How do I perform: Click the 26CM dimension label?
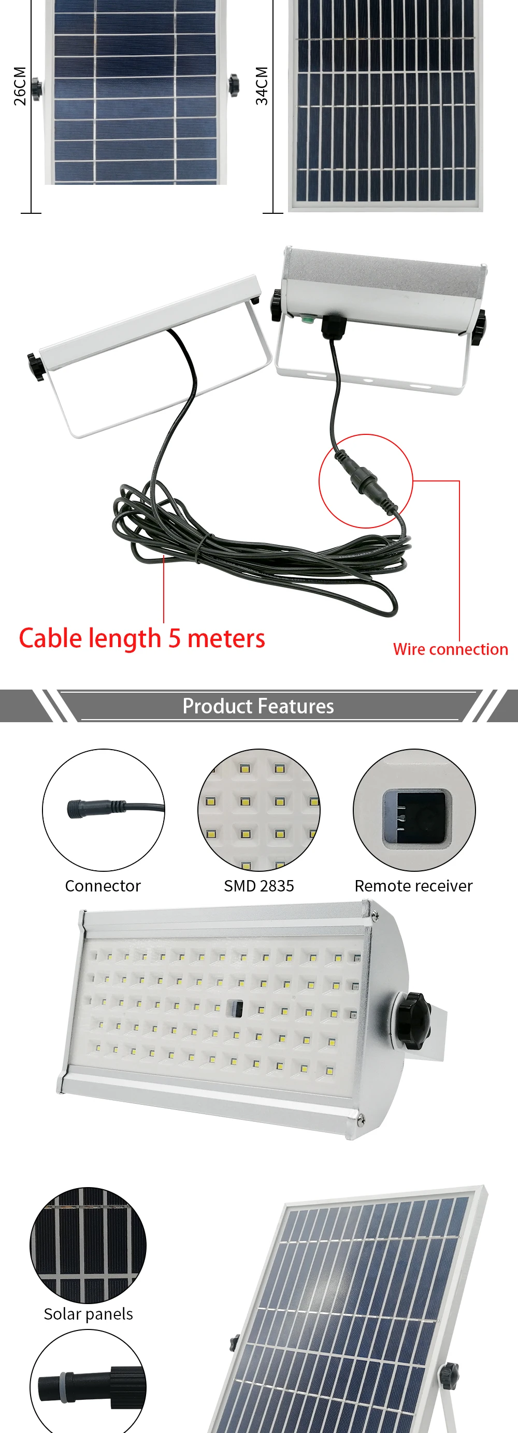20,86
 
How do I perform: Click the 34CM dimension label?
262,86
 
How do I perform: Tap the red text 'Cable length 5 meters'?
142,638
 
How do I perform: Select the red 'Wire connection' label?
450,649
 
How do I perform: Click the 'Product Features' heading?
258,706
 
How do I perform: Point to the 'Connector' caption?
103,886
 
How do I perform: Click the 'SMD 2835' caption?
258,886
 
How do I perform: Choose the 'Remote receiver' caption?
413,886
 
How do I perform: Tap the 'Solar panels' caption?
88,1314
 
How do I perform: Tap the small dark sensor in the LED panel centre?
235,1008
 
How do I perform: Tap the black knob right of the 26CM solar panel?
234,85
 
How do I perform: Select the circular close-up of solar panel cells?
88,1246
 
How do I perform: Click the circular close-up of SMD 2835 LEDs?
258,809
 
